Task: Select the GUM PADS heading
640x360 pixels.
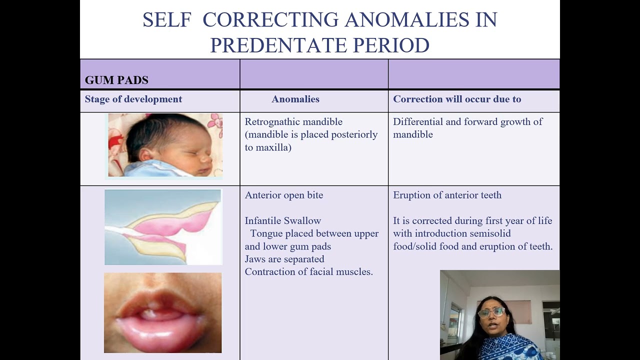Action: pos(116,80)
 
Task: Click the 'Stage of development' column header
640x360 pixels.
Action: pos(133,99)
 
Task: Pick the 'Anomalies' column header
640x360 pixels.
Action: pos(295,99)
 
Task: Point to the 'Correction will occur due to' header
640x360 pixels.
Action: pos(457,99)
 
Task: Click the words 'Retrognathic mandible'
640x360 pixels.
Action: pos(293,121)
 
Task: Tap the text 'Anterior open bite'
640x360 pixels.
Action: pos(284,195)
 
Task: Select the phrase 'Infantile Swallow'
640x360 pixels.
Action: pos(282,220)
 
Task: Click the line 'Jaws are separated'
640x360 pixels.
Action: pos(284,259)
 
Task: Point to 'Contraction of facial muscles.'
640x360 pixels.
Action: pos(308,271)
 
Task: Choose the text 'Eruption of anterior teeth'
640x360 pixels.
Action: pos(447,195)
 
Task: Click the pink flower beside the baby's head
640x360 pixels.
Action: pos(215,120)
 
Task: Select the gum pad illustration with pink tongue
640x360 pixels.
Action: pos(163,227)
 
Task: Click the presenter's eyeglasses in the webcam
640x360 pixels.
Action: pos(491,312)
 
